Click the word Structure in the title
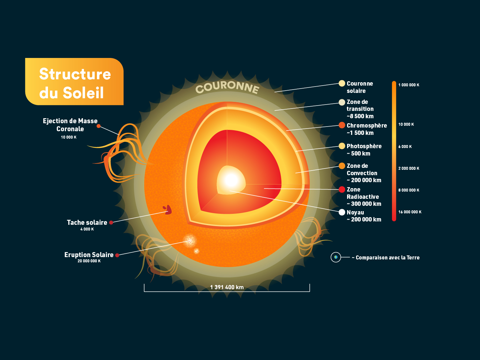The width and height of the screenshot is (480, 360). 75,74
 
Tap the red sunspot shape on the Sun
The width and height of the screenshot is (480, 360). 168,210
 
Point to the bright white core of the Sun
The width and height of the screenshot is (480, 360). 231,180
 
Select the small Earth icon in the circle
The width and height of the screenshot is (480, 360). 336,257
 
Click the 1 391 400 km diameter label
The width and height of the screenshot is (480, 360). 227,287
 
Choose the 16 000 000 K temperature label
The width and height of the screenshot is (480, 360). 410,212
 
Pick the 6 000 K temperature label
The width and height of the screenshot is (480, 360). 405,147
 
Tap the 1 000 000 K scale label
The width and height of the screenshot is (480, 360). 409,85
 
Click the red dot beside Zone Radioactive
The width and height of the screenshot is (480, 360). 342,189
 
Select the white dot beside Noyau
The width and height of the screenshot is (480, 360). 342,212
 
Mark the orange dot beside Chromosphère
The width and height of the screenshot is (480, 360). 342,125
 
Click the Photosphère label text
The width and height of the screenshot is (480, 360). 364,146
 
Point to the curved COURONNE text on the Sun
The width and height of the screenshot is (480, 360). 227,87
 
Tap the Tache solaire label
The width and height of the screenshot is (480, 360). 87,222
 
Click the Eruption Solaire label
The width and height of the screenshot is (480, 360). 89,255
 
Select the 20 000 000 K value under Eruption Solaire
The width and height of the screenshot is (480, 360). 89,261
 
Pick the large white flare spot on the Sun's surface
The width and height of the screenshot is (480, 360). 190,240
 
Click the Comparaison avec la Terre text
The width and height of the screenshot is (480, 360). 387,257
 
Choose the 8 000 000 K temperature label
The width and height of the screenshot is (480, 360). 409,190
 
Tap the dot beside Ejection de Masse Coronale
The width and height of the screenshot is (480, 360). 99,126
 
